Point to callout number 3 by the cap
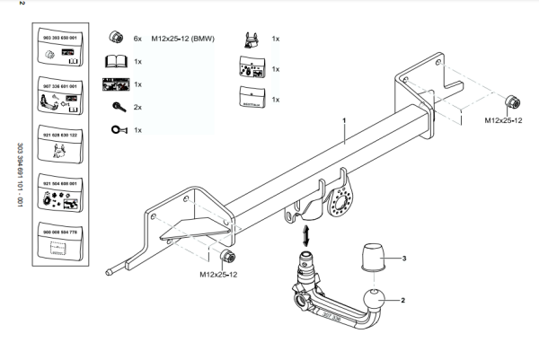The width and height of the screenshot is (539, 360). tap(404, 259)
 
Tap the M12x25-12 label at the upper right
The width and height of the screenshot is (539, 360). tap(504, 119)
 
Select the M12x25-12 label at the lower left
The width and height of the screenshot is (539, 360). tap(218, 274)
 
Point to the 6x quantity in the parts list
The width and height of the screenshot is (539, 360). tap(137, 40)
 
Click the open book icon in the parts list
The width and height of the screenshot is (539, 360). tap(115, 62)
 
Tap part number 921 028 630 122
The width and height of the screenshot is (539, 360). tap(61, 134)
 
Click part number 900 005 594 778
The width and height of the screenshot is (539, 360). tap(61, 231)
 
